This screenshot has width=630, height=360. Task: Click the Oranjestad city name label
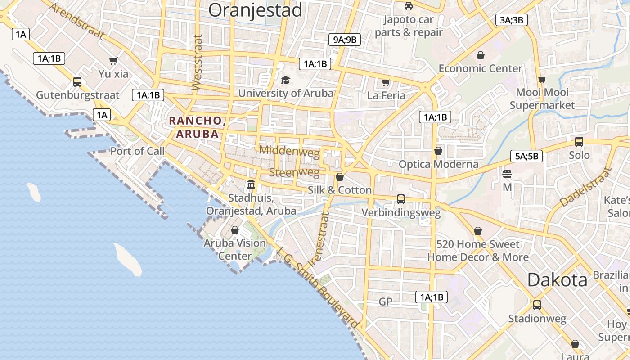point(255,10)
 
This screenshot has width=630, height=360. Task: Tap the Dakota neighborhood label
point(557,280)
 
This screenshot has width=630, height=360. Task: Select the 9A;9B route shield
point(344,40)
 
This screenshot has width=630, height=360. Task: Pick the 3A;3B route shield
point(512,20)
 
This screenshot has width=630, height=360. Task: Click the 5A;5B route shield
point(526,156)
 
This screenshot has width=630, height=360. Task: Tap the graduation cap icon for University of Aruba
point(285,81)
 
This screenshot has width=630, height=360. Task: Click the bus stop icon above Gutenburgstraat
point(77,82)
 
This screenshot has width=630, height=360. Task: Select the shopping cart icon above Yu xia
point(113,61)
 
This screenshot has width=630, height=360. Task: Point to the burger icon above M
point(507,174)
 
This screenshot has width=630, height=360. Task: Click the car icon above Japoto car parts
point(409,6)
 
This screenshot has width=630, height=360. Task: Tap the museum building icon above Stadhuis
point(251,184)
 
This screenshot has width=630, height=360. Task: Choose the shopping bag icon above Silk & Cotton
point(340,177)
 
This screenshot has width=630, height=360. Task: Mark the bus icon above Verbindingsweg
point(401,199)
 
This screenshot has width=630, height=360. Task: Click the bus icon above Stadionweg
point(537,305)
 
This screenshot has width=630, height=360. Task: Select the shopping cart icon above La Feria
point(386,82)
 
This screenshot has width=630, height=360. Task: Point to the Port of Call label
point(138,151)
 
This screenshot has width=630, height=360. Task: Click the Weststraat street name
point(197,63)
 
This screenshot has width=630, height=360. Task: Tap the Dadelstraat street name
point(585,187)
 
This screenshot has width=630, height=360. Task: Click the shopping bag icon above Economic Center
point(481,55)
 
